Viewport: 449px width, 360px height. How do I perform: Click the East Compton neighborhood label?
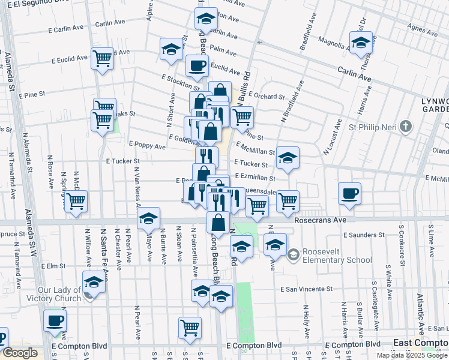pyautogui.click(x=420, y=343)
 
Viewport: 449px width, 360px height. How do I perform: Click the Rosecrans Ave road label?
pyautogui.click(x=321, y=220)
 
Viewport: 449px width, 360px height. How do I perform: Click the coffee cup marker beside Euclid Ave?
pyautogui.click(x=196, y=67)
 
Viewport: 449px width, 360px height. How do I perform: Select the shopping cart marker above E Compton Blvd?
pyautogui.click(x=190, y=328)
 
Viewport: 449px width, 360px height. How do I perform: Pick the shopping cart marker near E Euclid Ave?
pyautogui.click(x=103, y=58)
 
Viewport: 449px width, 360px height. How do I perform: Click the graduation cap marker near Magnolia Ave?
pyautogui.click(x=361, y=43)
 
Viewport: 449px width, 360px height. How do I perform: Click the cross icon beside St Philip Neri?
pyautogui.click(x=407, y=127)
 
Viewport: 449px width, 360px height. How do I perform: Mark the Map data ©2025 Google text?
pyautogui.click(x=412, y=355)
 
